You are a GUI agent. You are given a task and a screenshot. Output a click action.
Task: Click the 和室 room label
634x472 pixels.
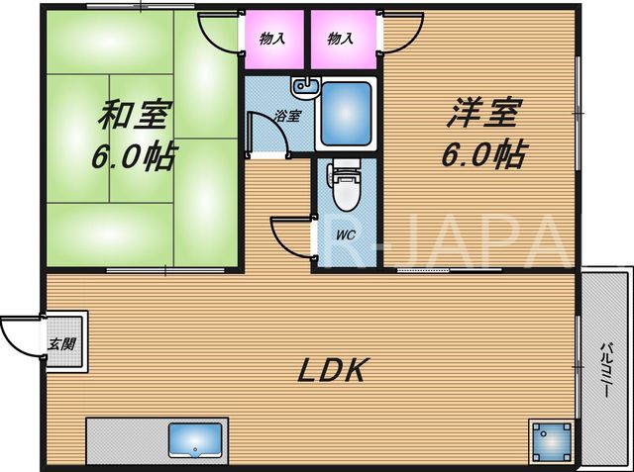133,115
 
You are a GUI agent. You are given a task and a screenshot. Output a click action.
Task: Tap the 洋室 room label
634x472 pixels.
482,113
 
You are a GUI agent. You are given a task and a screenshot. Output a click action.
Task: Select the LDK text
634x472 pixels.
333,370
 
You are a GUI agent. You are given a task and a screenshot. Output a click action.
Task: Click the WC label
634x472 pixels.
346,235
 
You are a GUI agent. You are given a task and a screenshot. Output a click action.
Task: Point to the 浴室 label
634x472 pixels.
287,116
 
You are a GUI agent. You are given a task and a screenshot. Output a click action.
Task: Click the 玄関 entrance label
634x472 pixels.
61,344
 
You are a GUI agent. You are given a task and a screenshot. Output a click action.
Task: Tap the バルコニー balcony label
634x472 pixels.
605,370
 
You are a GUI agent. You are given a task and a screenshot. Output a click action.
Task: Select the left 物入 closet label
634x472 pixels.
272,39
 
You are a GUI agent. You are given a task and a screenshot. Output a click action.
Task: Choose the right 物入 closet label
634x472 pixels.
341,39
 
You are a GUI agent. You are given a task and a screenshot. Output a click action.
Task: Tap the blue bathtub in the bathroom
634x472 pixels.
346,114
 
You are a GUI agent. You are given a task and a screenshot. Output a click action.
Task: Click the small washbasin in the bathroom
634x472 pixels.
305,87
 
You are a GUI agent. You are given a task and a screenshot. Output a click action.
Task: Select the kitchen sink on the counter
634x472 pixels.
195,440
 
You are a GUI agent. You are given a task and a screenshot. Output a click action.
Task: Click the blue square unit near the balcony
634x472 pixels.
552,441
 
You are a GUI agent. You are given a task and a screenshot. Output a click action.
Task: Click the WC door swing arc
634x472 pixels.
283,242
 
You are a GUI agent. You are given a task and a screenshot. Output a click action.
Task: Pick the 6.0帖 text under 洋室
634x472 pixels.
484,154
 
